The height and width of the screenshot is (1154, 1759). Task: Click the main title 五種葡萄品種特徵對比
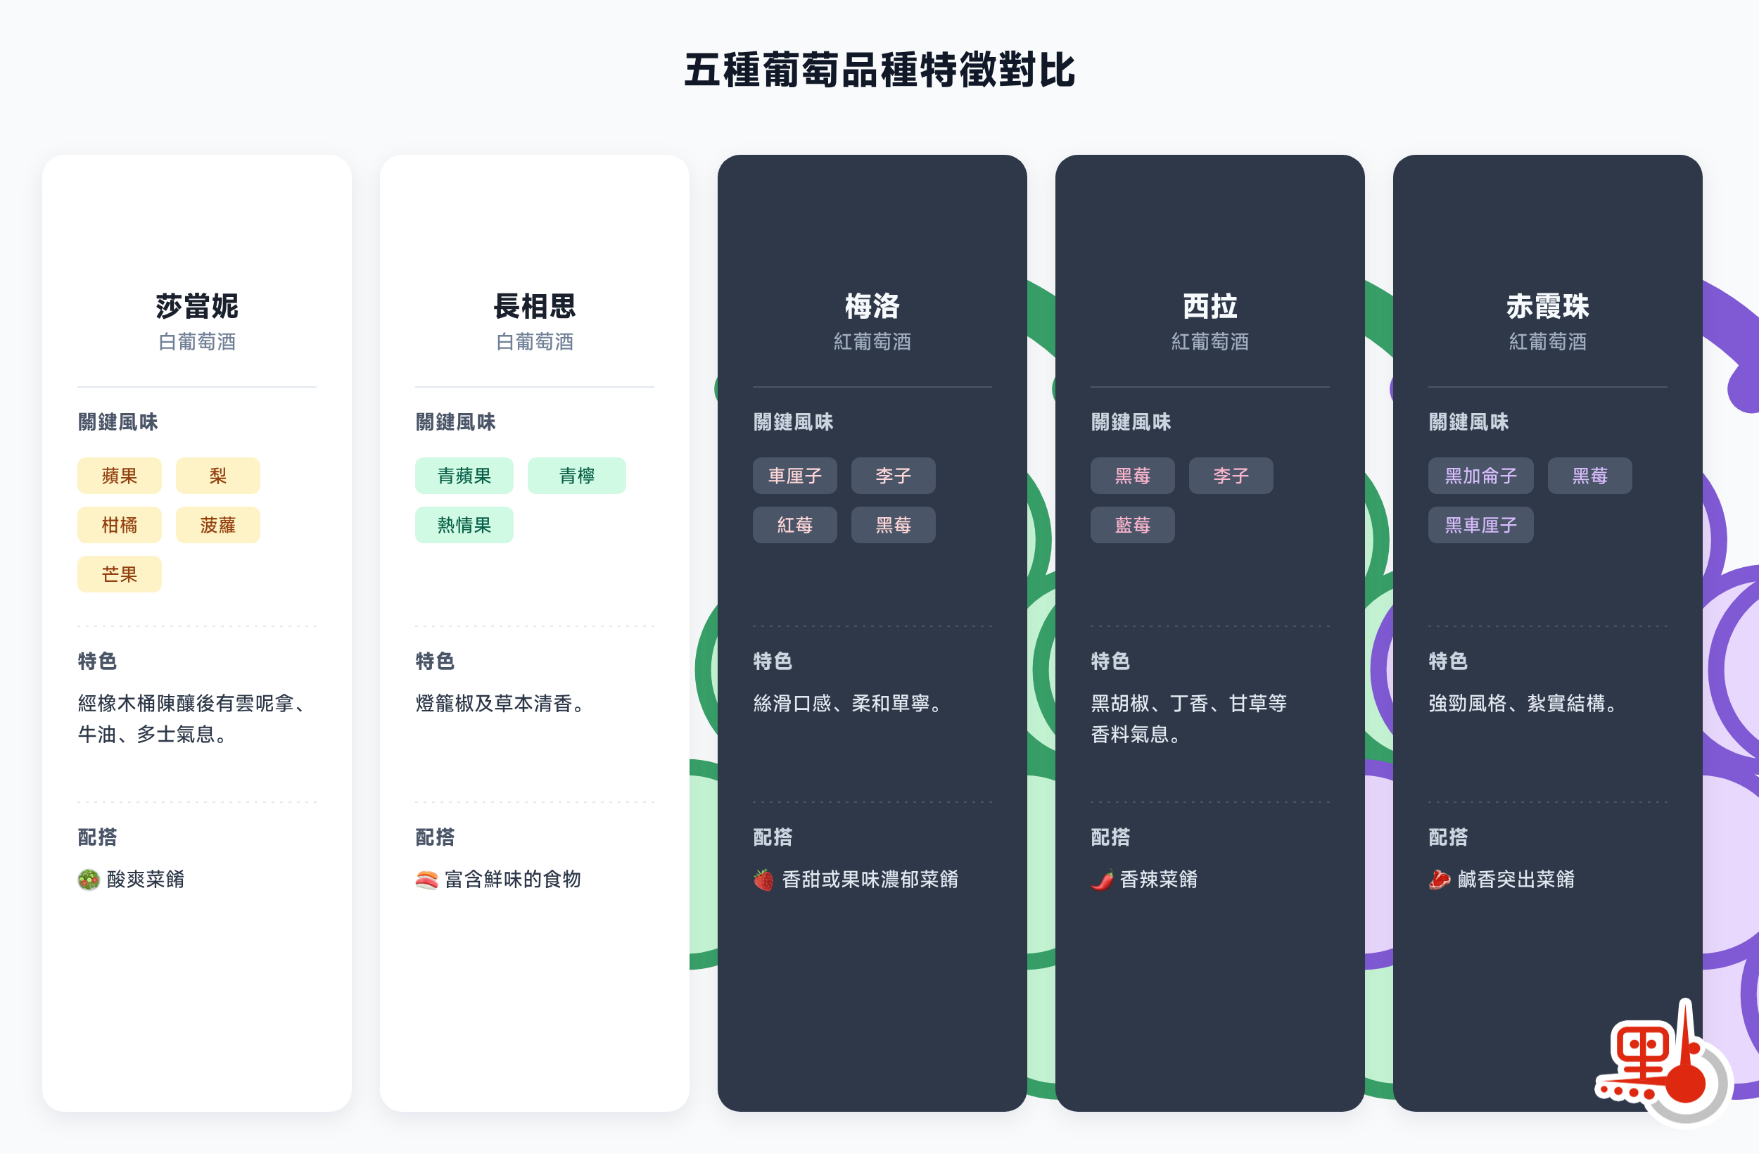click(879, 71)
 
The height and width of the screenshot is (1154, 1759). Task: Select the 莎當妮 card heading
click(196, 306)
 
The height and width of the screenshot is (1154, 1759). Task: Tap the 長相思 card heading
click(534, 306)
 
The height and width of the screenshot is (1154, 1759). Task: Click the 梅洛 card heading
click(872, 306)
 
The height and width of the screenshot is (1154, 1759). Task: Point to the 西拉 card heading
click(1210, 306)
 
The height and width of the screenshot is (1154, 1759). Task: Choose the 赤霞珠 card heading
click(1548, 306)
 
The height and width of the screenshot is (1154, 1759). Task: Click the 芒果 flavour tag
click(119, 574)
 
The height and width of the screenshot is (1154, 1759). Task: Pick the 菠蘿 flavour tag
click(217, 525)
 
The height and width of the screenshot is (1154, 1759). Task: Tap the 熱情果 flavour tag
click(464, 525)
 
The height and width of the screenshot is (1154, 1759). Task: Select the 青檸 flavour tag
click(576, 476)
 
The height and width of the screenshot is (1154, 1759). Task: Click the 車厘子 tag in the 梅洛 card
click(794, 476)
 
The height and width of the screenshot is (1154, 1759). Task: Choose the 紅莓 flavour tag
click(794, 525)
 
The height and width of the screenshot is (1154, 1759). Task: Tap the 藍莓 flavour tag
click(1132, 525)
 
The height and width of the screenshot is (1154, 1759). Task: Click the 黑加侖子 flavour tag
click(1480, 476)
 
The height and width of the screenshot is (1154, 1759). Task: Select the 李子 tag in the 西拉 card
click(1231, 476)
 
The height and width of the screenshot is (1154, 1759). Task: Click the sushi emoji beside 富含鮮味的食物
click(426, 880)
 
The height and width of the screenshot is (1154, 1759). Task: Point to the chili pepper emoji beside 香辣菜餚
click(1102, 880)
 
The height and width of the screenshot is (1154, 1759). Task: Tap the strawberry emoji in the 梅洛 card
click(763, 880)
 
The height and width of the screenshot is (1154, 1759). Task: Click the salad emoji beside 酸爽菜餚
click(89, 880)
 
